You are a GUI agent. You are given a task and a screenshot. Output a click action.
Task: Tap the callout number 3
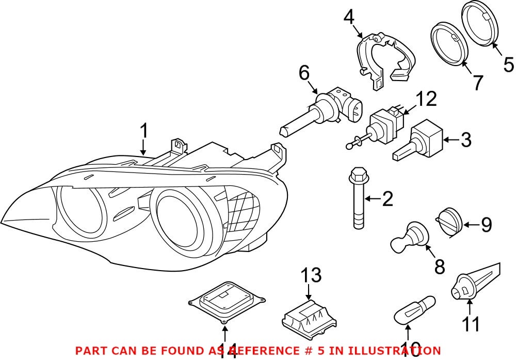pos(466,139)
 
